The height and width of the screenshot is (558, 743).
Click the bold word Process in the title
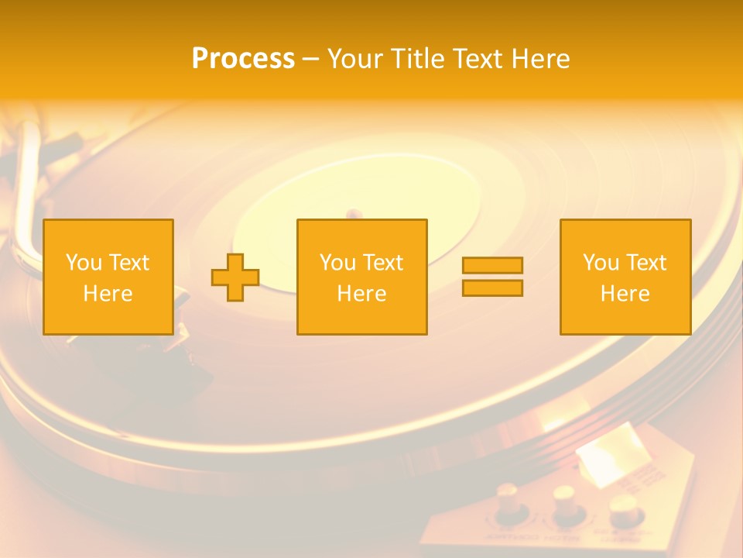(x=243, y=59)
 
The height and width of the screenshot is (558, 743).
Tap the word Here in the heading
(x=539, y=59)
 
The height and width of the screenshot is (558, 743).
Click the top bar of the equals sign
(x=492, y=265)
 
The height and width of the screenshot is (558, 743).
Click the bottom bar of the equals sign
(x=492, y=288)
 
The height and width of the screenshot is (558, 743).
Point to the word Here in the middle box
(x=361, y=294)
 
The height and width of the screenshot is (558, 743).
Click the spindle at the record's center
(x=353, y=213)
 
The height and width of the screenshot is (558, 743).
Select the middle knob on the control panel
(x=563, y=502)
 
